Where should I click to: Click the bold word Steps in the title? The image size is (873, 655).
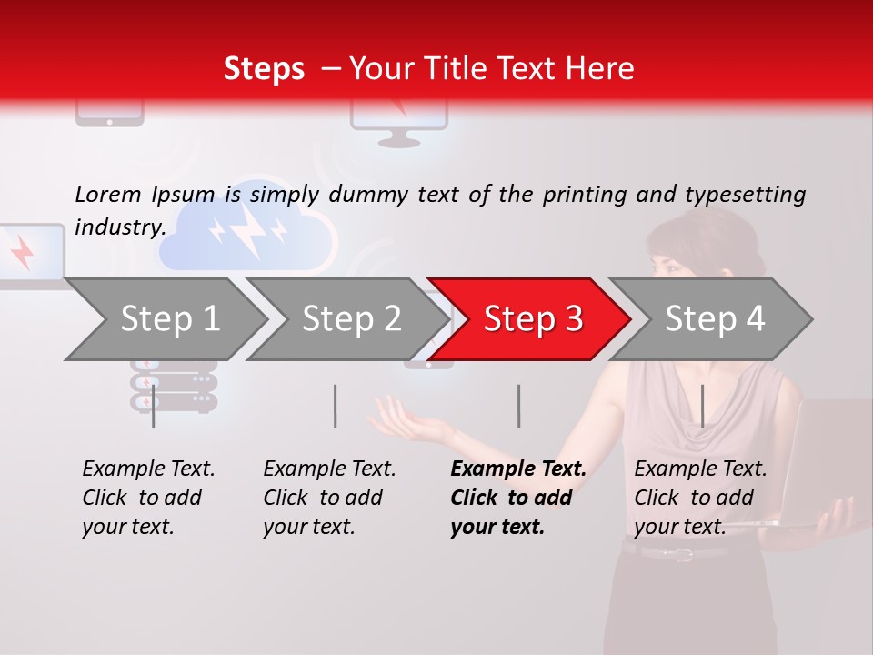pos(264,69)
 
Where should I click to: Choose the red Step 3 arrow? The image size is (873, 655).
pos(532,319)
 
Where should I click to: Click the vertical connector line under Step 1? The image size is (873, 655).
pos(154,406)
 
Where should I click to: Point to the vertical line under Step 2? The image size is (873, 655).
pos(336,406)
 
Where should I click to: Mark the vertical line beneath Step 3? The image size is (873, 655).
pos(519,406)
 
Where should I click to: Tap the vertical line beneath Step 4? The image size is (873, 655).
pos(702,406)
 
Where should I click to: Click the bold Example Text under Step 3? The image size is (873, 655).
pos(518,469)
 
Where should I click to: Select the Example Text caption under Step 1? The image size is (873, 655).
pos(148,469)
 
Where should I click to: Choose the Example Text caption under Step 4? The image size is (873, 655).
pos(700,469)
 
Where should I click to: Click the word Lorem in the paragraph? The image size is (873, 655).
pos(108,194)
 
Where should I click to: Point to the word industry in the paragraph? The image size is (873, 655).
pos(119,227)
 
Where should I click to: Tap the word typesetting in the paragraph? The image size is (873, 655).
pos(745,195)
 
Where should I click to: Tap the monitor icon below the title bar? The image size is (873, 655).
pos(398,123)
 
